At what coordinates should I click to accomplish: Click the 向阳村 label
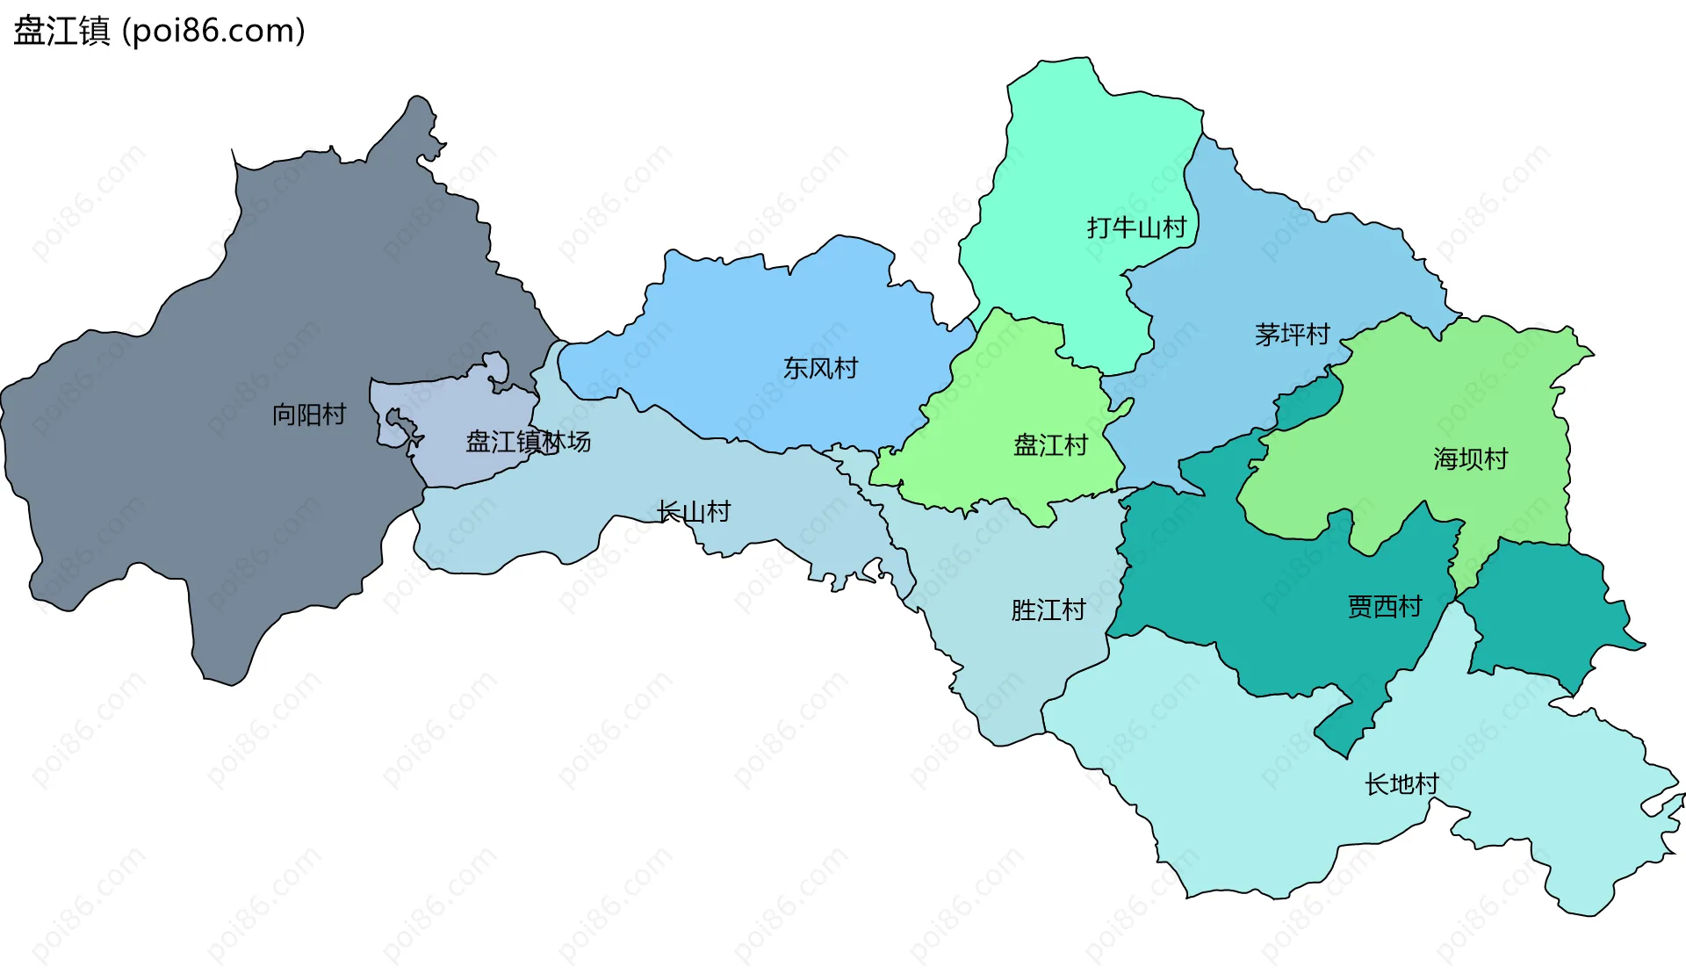click(x=309, y=415)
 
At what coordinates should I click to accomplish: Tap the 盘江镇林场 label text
click(x=528, y=442)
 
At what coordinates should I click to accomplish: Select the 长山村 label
click(x=694, y=512)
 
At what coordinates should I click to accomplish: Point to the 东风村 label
click(x=820, y=368)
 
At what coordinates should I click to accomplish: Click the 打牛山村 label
click(x=1136, y=228)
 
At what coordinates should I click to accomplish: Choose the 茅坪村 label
click(x=1292, y=335)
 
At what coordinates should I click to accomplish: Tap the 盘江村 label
click(x=1050, y=445)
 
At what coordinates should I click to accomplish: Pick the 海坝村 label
click(x=1470, y=458)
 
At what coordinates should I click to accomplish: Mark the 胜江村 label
click(x=1048, y=610)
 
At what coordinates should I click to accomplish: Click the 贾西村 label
click(x=1384, y=606)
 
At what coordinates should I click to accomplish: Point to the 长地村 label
click(x=1401, y=784)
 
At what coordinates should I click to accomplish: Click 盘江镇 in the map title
click(x=61, y=31)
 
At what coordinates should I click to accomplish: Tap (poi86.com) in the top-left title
click(x=213, y=31)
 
